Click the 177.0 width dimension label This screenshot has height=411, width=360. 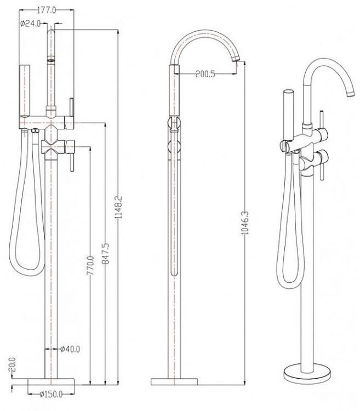(x=47, y=10)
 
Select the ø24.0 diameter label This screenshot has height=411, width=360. (x=30, y=24)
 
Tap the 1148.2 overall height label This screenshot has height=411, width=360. (x=119, y=206)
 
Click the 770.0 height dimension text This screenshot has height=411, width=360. (x=90, y=266)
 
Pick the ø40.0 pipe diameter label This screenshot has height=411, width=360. (x=70, y=349)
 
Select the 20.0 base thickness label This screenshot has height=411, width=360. (x=13, y=364)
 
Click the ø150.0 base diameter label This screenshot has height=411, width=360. (x=51, y=394)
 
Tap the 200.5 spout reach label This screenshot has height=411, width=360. (x=205, y=74)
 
